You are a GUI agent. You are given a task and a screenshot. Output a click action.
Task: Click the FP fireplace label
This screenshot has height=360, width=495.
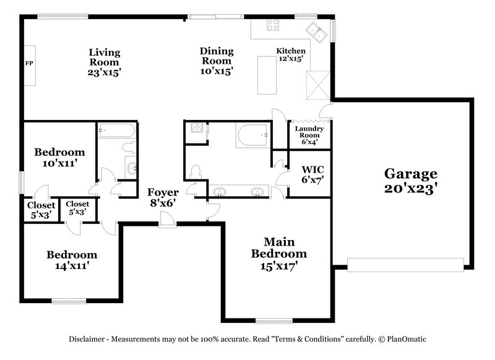[28, 64]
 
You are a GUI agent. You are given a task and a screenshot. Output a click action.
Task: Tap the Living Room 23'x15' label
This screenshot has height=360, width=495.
[104, 62]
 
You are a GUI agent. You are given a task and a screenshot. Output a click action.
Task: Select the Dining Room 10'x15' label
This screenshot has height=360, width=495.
[216, 61]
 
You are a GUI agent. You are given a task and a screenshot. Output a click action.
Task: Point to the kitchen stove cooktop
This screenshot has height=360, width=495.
[272, 25]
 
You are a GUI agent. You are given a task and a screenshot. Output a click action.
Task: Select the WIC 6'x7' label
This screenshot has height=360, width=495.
[312, 174]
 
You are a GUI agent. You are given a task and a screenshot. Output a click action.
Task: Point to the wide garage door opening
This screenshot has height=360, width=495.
[405, 264]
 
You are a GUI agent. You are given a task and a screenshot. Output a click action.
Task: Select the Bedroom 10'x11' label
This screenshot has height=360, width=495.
[59, 158]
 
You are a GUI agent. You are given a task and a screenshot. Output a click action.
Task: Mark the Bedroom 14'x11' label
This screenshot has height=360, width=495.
[72, 260]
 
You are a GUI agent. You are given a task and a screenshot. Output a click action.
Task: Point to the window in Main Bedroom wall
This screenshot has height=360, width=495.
[274, 320]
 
